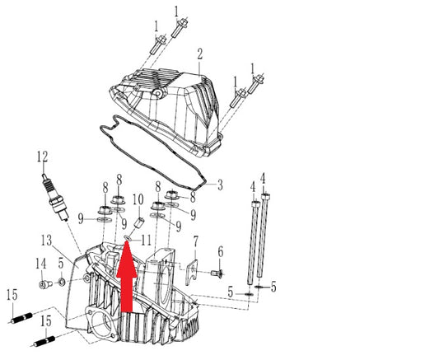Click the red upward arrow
(x=127, y=276)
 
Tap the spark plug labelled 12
(x=55, y=198)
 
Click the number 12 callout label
(x=42, y=157)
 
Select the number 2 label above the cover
(x=199, y=54)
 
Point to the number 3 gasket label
(x=221, y=185)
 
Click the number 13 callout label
(x=46, y=241)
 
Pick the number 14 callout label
(x=40, y=264)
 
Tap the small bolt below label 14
(x=45, y=284)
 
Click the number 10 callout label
(x=138, y=199)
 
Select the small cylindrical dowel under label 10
(x=139, y=223)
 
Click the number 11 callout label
(x=146, y=241)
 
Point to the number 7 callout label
(x=196, y=241)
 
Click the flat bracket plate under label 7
(x=192, y=272)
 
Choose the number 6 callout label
(x=221, y=252)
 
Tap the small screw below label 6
(x=217, y=273)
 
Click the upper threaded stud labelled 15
(x=22, y=318)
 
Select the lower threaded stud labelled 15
(x=44, y=342)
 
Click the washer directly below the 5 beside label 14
(x=61, y=282)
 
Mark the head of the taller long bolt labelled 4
(x=265, y=196)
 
